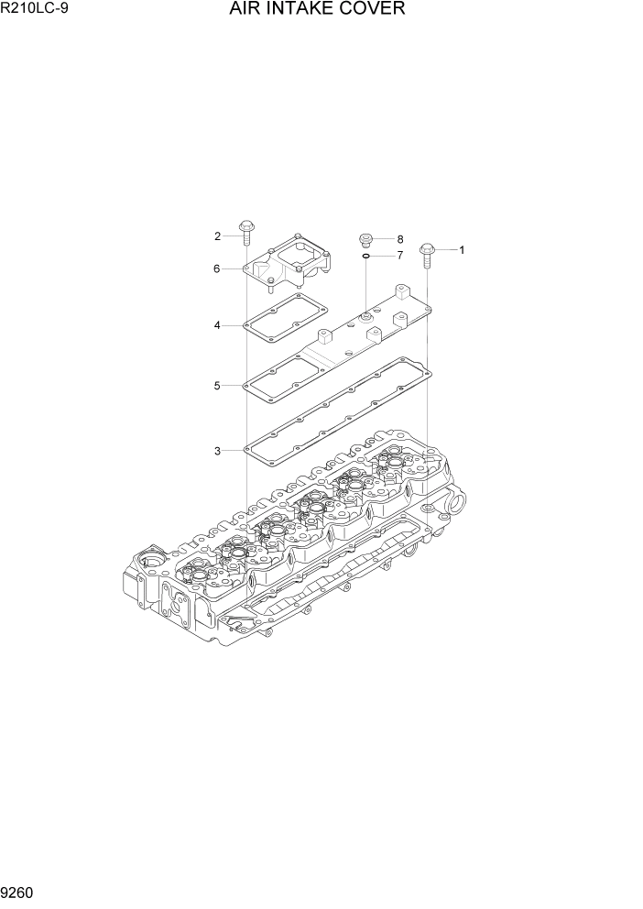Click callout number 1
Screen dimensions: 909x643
(x=462, y=249)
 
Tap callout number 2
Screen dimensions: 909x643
(x=218, y=236)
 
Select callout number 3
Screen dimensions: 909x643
(x=217, y=451)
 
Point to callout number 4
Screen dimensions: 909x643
(x=217, y=325)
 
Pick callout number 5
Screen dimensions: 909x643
(x=217, y=386)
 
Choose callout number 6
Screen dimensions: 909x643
(x=217, y=268)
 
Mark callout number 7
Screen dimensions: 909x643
(x=399, y=255)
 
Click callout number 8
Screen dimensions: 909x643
(x=399, y=239)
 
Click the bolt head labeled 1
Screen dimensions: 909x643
(x=427, y=248)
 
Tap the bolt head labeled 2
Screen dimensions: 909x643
(x=245, y=226)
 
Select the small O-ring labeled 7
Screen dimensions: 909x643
(x=365, y=256)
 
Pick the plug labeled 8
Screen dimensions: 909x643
(x=365, y=239)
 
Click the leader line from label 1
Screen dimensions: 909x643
(x=446, y=249)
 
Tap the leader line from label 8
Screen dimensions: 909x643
(x=384, y=239)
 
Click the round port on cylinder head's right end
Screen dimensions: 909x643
(x=456, y=504)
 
